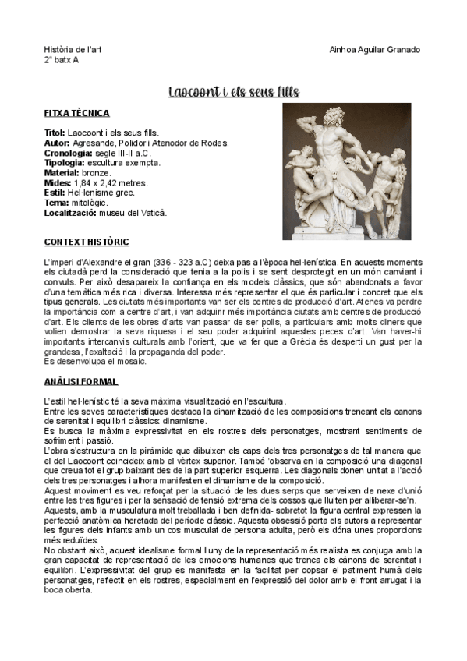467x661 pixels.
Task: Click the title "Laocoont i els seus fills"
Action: (x=234, y=93)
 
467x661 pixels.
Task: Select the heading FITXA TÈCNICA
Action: (x=76, y=114)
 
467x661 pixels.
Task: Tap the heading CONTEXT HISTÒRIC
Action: (x=87, y=242)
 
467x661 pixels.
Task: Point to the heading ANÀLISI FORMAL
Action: (x=81, y=381)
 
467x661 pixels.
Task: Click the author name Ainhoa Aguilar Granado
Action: (x=375, y=50)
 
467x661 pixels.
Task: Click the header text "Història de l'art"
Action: (x=73, y=50)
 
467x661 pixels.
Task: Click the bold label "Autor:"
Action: (x=57, y=143)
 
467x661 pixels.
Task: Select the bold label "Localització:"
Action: (x=71, y=212)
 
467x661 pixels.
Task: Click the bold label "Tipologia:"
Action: (x=65, y=163)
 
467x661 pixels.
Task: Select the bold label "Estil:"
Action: (x=54, y=193)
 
